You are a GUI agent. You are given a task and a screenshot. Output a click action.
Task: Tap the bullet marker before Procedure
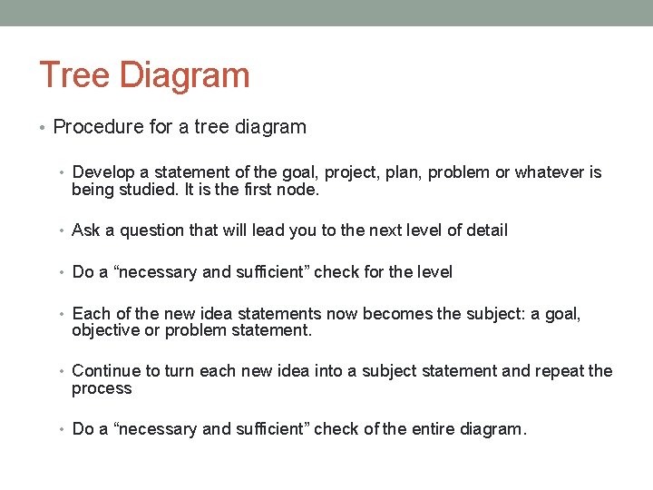click(x=44, y=128)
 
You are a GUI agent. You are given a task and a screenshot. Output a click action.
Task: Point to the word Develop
click(x=102, y=172)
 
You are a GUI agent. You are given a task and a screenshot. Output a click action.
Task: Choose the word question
click(x=151, y=230)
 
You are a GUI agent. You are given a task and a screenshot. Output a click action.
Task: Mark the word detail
click(x=485, y=230)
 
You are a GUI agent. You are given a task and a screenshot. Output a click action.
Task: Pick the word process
click(x=102, y=388)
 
